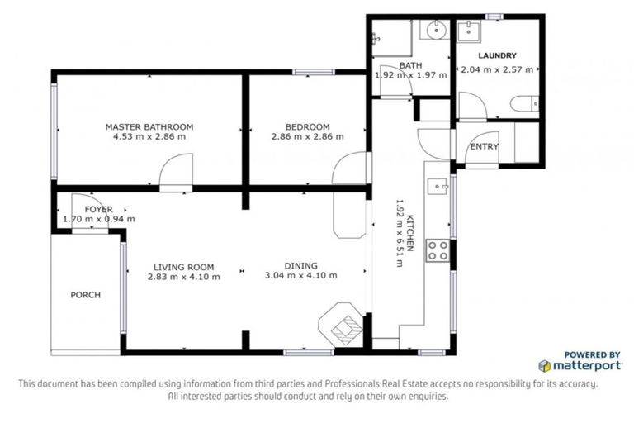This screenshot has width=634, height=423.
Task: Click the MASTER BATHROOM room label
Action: pyautogui.click(x=149, y=126)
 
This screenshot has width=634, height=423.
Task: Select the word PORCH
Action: pyautogui.click(x=85, y=295)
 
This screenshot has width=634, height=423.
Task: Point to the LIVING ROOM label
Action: pyautogui.click(x=183, y=267)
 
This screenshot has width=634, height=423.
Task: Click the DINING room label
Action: pyautogui.click(x=300, y=265)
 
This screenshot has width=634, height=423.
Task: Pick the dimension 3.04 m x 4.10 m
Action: pyautogui.click(x=300, y=276)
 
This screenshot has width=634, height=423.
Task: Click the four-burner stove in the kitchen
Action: pyautogui.click(x=438, y=251)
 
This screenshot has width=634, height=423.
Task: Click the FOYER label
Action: pyautogui.click(x=98, y=210)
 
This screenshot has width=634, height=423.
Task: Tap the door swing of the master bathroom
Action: pyautogui.click(x=175, y=175)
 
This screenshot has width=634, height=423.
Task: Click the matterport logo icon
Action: pyautogui.click(x=545, y=365)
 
